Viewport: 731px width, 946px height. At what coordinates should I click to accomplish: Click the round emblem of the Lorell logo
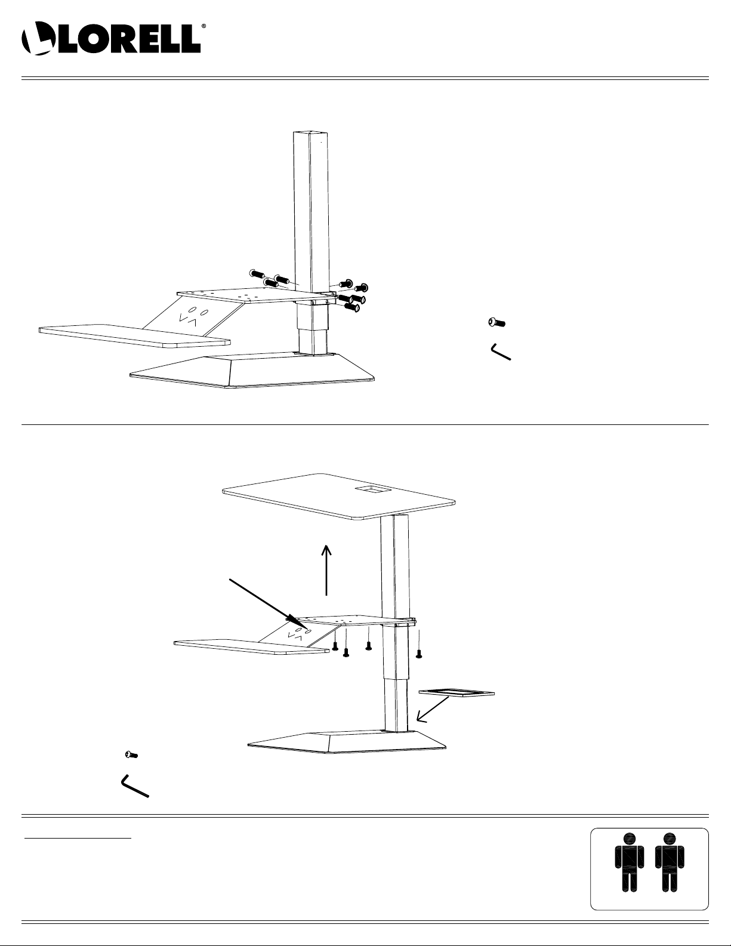38,38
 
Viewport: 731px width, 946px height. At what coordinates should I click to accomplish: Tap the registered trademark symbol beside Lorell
203,26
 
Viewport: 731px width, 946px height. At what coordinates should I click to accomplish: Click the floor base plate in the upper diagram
252,371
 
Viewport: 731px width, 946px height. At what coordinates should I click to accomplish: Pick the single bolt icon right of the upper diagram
496,323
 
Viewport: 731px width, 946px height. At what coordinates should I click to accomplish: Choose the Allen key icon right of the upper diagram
501,352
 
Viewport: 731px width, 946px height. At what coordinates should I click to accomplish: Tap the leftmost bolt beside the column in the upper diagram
257,274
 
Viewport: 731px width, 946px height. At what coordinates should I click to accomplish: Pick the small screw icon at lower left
131,754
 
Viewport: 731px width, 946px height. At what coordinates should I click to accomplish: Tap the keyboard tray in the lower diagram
251,647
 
